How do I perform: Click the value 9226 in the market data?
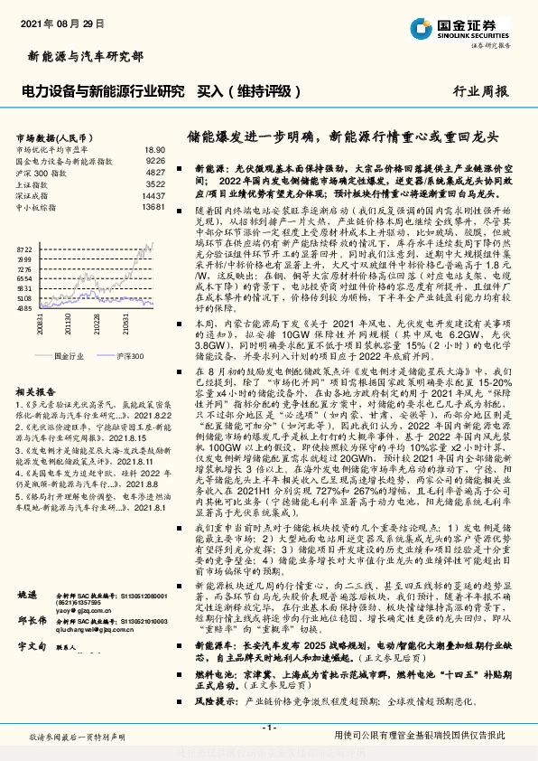154,160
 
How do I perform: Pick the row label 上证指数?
34,183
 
